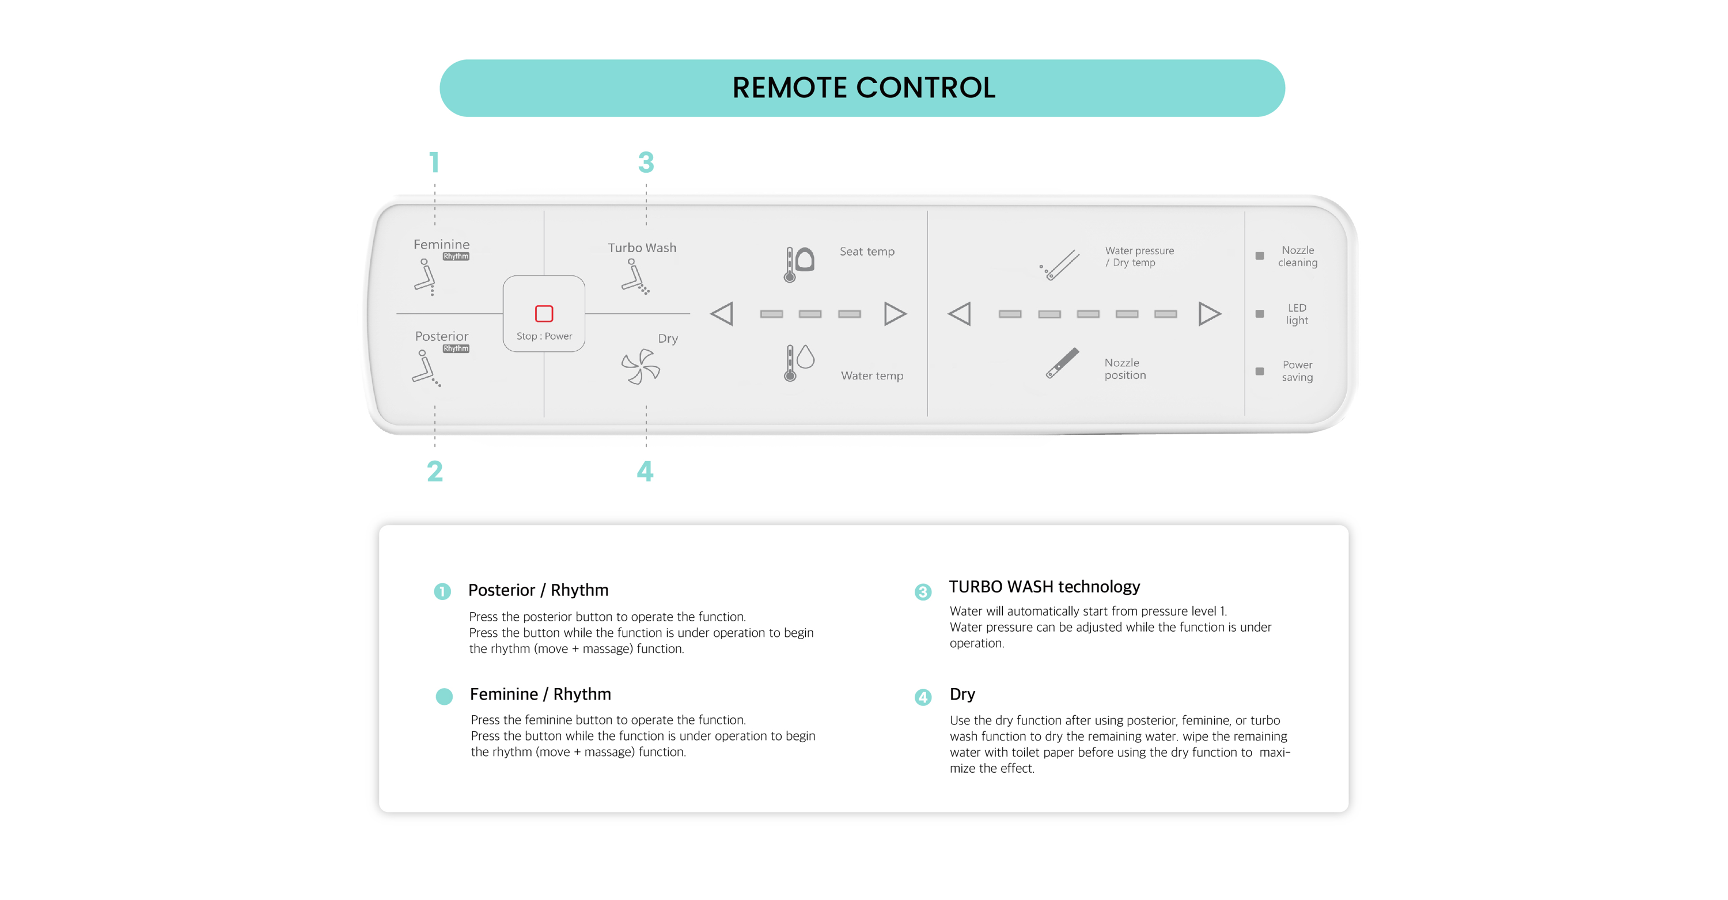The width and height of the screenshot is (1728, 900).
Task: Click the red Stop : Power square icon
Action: pyautogui.click(x=543, y=313)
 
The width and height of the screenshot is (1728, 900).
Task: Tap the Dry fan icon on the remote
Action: pyautogui.click(x=641, y=366)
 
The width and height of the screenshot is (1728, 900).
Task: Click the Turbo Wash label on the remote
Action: pyautogui.click(x=642, y=248)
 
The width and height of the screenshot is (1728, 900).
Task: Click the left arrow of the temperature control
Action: pyautogui.click(x=722, y=314)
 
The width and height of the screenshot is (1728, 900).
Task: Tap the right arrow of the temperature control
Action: pyautogui.click(x=895, y=314)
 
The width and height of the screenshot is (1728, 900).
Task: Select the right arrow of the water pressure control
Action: pyautogui.click(x=1209, y=314)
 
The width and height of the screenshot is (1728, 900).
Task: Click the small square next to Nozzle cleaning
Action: pyautogui.click(x=1259, y=256)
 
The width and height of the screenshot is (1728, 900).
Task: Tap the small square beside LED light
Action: pyautogui.click(x=1259, y=314)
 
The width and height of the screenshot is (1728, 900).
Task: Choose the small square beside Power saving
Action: pyautogui.click(x=1259, y=371)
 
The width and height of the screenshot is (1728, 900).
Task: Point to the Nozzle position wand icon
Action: pyautogui.click(x=1063, y=363)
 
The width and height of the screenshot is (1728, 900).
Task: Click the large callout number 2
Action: pyautogui.click(x=435, y=471)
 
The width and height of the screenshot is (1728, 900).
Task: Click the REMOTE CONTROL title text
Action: pyautogui.click(x=863, y=88)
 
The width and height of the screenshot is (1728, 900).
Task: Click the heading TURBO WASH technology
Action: pyautogui.click(x=1044, y=587)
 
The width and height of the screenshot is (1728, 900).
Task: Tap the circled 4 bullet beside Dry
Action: pyautogui.click(x=923, y=697)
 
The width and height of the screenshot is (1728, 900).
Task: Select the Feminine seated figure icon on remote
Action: pyautogui.click(x=425, y=277)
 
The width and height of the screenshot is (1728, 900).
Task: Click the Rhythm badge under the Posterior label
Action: pyautogui.click(x=456, y=349)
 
